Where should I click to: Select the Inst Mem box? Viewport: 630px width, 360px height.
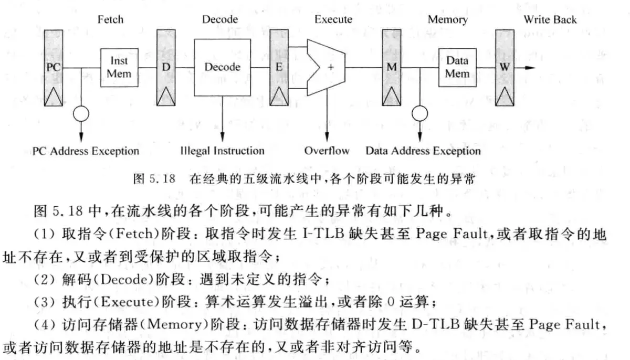click(119, 67)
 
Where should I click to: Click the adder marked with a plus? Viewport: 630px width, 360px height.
click(327, 67)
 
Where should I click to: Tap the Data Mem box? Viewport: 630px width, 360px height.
click(457, 67)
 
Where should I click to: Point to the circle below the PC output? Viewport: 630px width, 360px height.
click(81, 113)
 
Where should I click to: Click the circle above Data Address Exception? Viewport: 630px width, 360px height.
click(418, 113)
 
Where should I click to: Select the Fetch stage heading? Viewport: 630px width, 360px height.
click(110, 20)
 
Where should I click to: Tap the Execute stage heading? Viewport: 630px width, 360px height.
click(333, 20)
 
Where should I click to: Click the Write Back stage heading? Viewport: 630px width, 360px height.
click(550, 20)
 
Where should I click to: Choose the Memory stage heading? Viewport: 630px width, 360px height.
click(447, 20)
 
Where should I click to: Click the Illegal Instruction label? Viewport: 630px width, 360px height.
click(222, 151)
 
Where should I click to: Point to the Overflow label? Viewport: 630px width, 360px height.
click(327, 151)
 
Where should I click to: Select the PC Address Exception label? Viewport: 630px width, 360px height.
click(86, 151)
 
